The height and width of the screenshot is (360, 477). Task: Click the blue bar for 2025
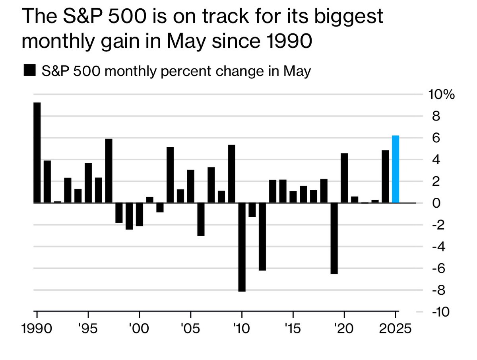point(396,169)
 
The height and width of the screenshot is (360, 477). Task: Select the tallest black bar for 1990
point(37,153)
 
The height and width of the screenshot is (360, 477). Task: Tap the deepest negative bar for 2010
point(242,247)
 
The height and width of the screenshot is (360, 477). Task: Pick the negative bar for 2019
point(334,238)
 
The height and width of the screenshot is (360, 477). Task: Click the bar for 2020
point(344,178)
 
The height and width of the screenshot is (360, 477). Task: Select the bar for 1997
point(109,171)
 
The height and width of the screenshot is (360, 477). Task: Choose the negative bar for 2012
point(262,237)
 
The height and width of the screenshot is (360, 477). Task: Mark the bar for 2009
point(231,174)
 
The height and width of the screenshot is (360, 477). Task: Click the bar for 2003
point(170,175)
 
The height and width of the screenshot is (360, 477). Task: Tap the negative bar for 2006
point(201,219)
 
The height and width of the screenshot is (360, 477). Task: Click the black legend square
point(29,72)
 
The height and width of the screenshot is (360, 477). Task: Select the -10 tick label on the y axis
point(439,312)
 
